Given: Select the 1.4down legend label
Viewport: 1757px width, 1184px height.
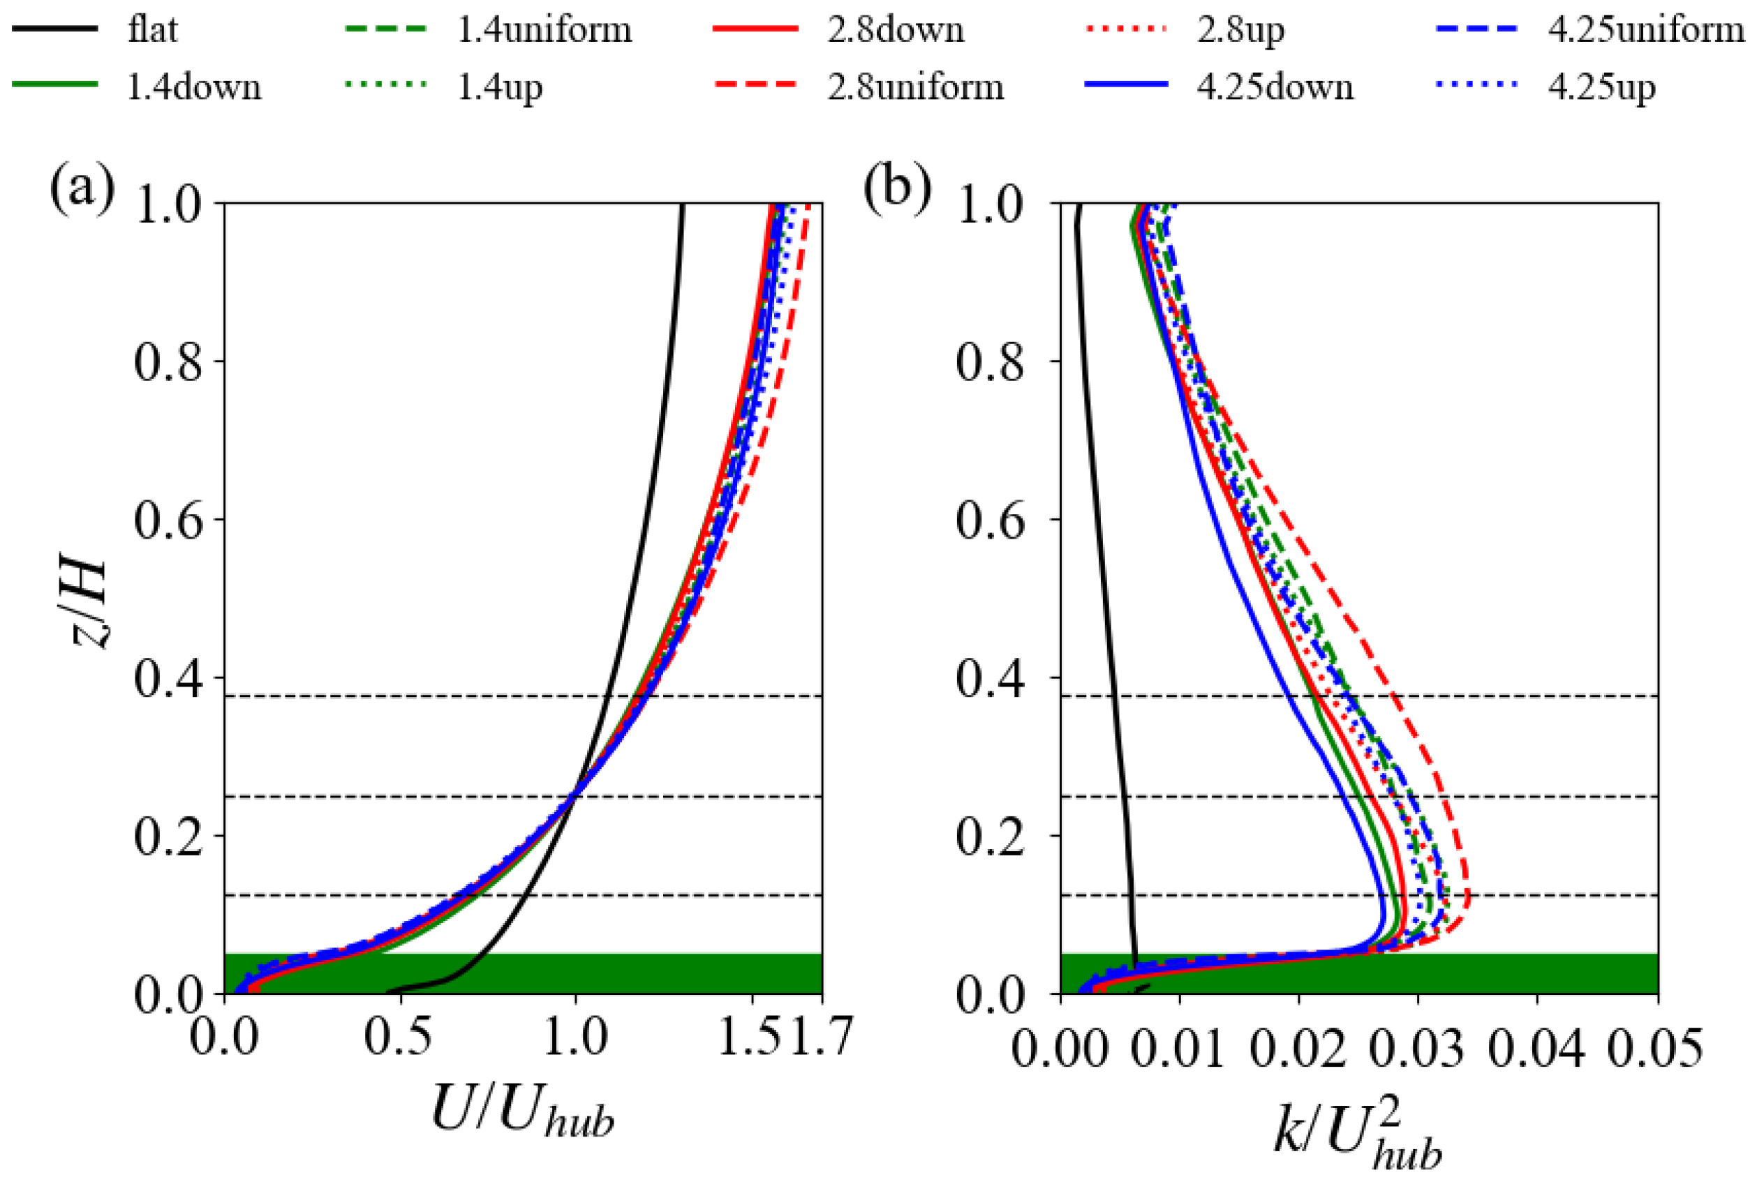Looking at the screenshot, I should (x=194, y=88).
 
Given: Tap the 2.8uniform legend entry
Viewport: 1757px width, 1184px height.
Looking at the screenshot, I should (x=914, y=88).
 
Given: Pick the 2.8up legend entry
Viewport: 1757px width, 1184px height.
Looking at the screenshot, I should (x=1240, y=30).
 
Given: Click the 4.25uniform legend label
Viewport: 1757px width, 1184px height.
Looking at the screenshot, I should (x=1646, y=30).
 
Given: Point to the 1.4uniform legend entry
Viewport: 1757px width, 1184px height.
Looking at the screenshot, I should (x=544, y=30).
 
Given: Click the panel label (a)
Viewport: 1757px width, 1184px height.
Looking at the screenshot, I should (x=82, y=189).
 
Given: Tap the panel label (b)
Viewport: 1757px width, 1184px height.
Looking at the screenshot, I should (x=896, y=189).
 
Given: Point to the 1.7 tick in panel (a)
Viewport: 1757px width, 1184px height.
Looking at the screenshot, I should (x=822, y=1036).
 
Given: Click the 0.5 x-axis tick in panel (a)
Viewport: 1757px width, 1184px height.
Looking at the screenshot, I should (x=398, y=1036).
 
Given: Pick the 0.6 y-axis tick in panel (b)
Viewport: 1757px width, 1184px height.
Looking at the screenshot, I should (x=991, y=520).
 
